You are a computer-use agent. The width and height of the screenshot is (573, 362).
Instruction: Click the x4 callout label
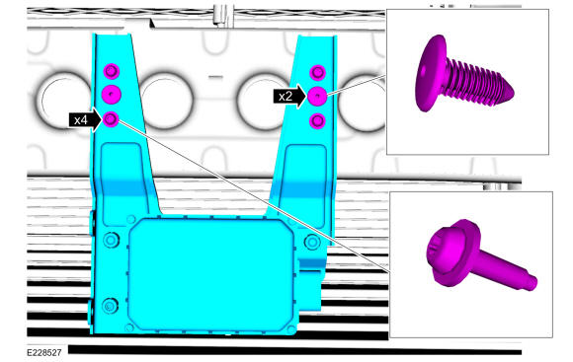[x=81, y=119]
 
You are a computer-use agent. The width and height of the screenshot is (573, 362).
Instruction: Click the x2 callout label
[x=286, y=97]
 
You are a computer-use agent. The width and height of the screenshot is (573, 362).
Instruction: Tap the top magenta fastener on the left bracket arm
[x=112, y=71]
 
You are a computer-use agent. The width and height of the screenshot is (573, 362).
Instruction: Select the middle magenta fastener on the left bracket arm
[x=112, y=95]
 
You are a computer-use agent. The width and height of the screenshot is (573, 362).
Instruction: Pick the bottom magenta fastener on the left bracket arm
[x=111, y=119]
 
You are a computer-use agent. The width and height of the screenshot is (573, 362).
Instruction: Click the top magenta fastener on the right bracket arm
[x=317, y=73]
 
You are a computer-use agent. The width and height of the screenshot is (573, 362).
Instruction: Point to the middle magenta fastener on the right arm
[x=317, y=96]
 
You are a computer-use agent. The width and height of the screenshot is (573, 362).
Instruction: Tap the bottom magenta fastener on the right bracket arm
[x=317, y=120]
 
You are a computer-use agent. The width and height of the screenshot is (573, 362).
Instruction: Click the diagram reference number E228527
[x=44, y=352]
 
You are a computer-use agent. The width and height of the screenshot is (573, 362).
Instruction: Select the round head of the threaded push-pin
[x=431, y=73]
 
